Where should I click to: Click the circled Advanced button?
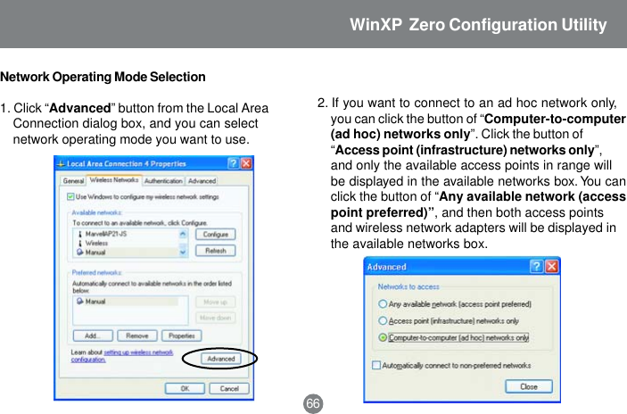pos(220,359)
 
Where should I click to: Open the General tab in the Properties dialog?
pos(72,180)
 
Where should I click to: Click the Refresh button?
pos(215,251)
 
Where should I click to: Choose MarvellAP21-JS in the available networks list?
pos(104,234)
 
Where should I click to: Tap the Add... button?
pos(92,336)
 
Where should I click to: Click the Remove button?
pos(136,336)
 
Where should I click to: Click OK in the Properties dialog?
pos(185,388)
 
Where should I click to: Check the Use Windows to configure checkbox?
pos(69,196)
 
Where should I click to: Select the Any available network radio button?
pos(383,304)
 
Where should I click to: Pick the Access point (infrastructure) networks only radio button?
pos(383,320)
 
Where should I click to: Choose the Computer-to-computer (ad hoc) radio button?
pos(383,337)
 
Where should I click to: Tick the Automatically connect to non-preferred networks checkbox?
pos(376,365)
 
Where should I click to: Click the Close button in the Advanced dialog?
pos(528,386)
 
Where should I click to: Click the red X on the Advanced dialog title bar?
pos(551,267)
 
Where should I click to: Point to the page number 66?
pos(312,404)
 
